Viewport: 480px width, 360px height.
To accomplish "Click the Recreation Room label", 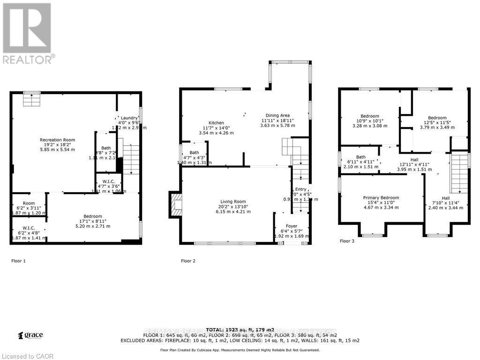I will click(57, 140).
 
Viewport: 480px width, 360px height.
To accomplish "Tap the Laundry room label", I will click(128, 118).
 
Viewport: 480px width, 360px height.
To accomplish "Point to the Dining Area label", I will click(278, 115).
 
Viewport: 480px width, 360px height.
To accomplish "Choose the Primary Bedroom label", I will click(381, 197).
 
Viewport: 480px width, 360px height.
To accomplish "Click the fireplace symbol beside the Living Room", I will click(176, 205).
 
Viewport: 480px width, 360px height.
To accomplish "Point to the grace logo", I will click(30, 335).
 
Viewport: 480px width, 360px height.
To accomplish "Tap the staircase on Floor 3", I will click(460, 173).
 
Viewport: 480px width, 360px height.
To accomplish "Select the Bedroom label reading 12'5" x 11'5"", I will click(437, 118).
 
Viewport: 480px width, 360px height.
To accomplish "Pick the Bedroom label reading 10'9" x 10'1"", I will click(370, 116).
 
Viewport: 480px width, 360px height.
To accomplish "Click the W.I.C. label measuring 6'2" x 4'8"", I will click(29, 228).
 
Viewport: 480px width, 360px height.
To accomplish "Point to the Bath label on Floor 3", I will click(360, 157).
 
